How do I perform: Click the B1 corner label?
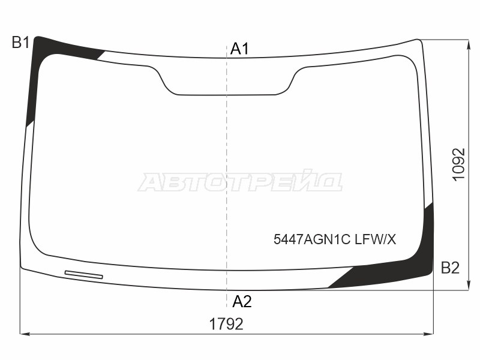pos(20,42)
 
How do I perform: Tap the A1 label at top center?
pos(240,49)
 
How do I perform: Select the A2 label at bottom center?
pos(242,302)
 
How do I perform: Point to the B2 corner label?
pos(451,268)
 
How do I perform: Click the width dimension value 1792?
pos(226,324)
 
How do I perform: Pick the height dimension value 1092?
pos(460,164)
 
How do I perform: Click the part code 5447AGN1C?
pos(311,239)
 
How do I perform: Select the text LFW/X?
pos(376,239)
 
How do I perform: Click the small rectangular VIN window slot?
pos(84,275)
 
